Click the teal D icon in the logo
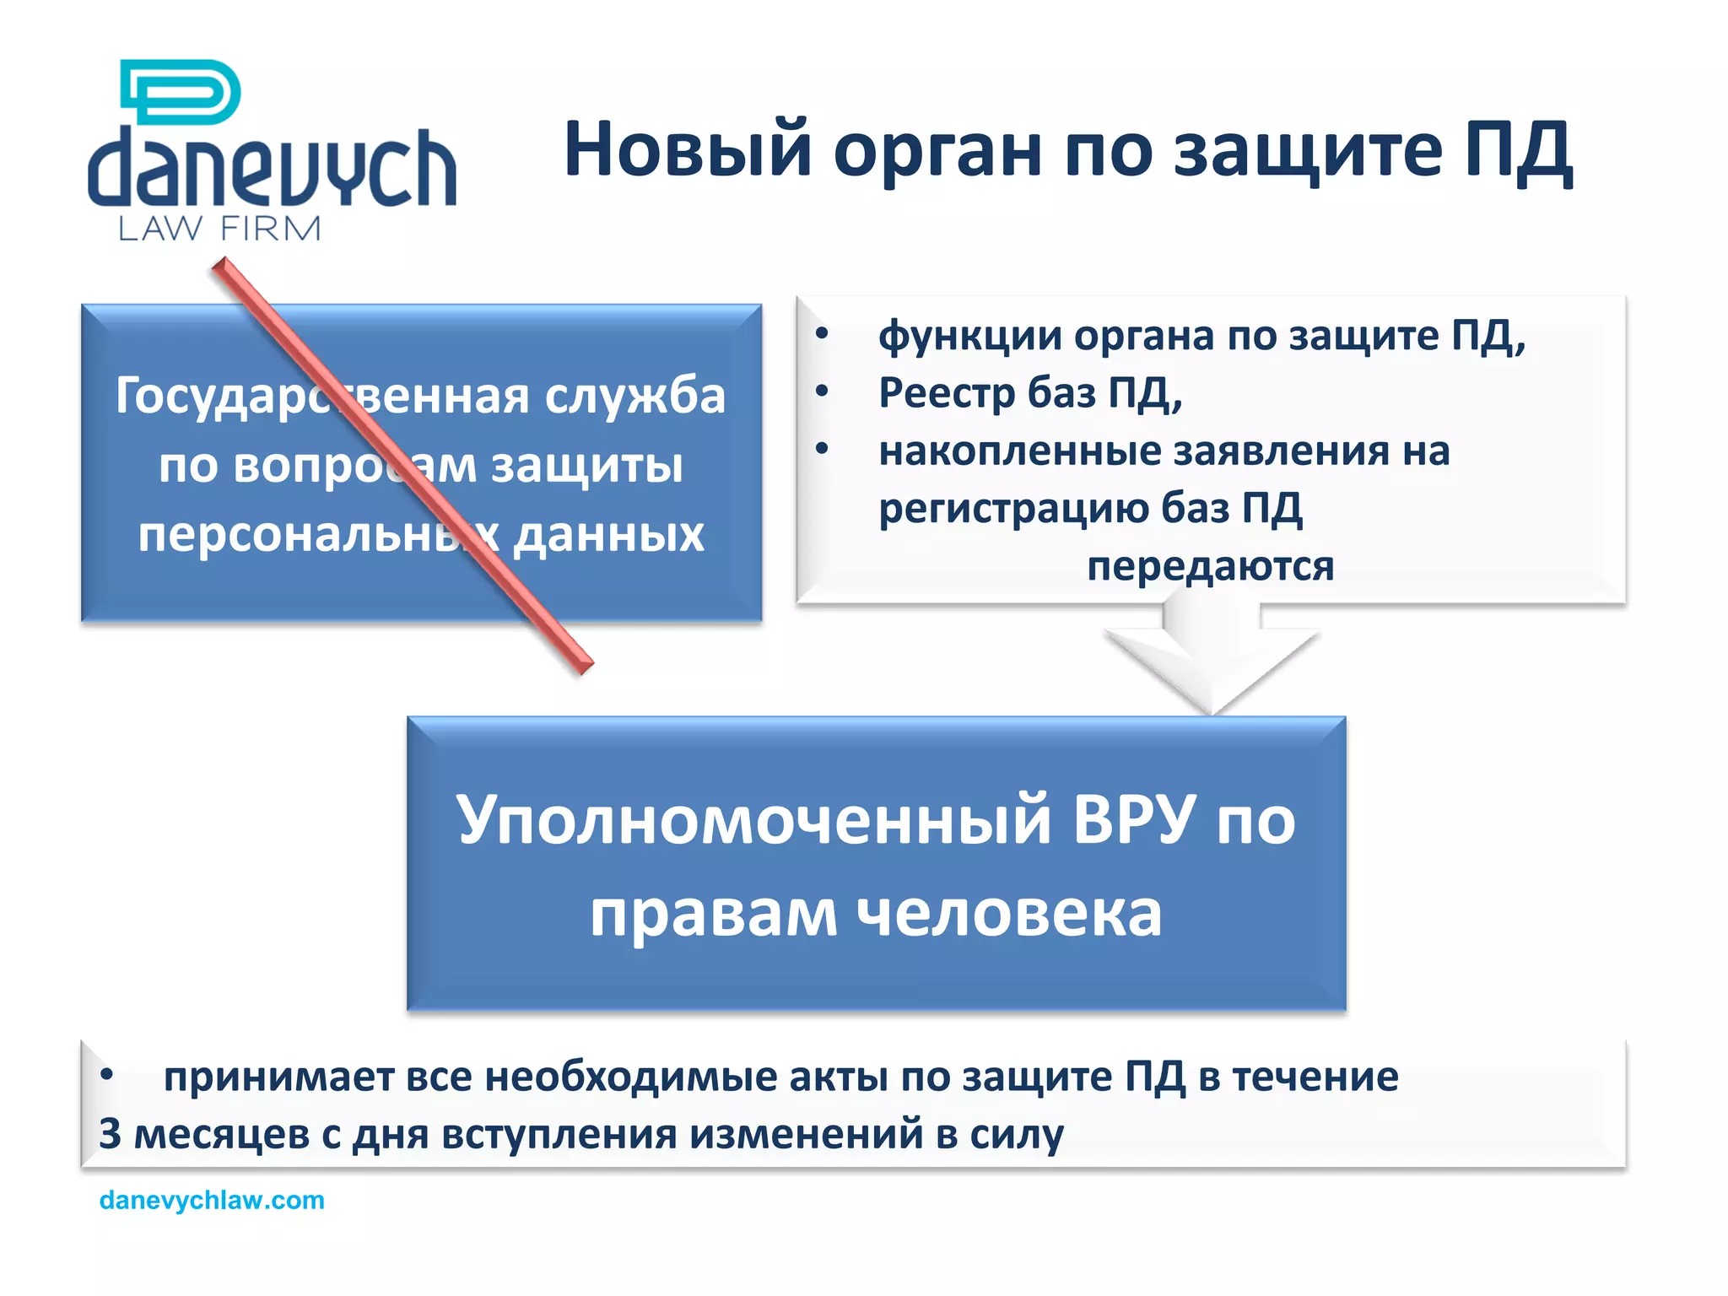(181, 91)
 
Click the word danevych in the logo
(272, 169)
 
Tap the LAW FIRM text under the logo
(219, 229)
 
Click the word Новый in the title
(688, 150)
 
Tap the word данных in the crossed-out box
(608, 535)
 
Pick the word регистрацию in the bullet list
(1012, 508)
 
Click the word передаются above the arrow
(1210, 566)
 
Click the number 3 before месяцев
(110, 1134)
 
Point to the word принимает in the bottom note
(278, 1077)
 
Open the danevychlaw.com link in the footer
(212, 1200)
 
